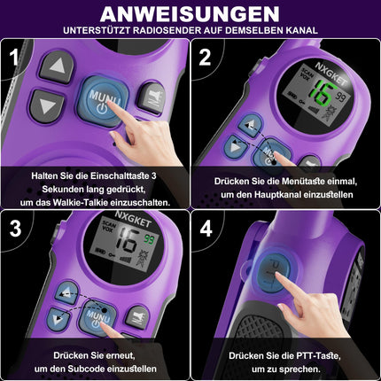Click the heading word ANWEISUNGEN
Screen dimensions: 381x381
pyautogui.click(x=190, y=14)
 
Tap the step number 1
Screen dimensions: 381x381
pyautogui.click(x=14, y=57)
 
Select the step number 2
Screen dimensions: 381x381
pyautogui.click(x=205, y=58)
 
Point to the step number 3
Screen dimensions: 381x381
pyautogui.click(x=15, y=228)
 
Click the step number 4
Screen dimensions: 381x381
pyautogui.click(x=206, y=228)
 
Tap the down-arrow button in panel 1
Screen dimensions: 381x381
pyautogui.click(x=47, y=106)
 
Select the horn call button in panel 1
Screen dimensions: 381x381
pyautogui.click(x=152, y=98)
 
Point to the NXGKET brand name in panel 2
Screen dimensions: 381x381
pyautogui.click(x=330, y=74)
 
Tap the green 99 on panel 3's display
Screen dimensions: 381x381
pyautogui.click(x=150, y=239)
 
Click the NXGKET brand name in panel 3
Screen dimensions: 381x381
pyautogui.click(x=133, y=218)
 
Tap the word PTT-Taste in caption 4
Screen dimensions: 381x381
pyautogui.click(x=317, y=355)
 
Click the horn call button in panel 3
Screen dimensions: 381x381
pyautogui.click(x=137, y=318)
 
